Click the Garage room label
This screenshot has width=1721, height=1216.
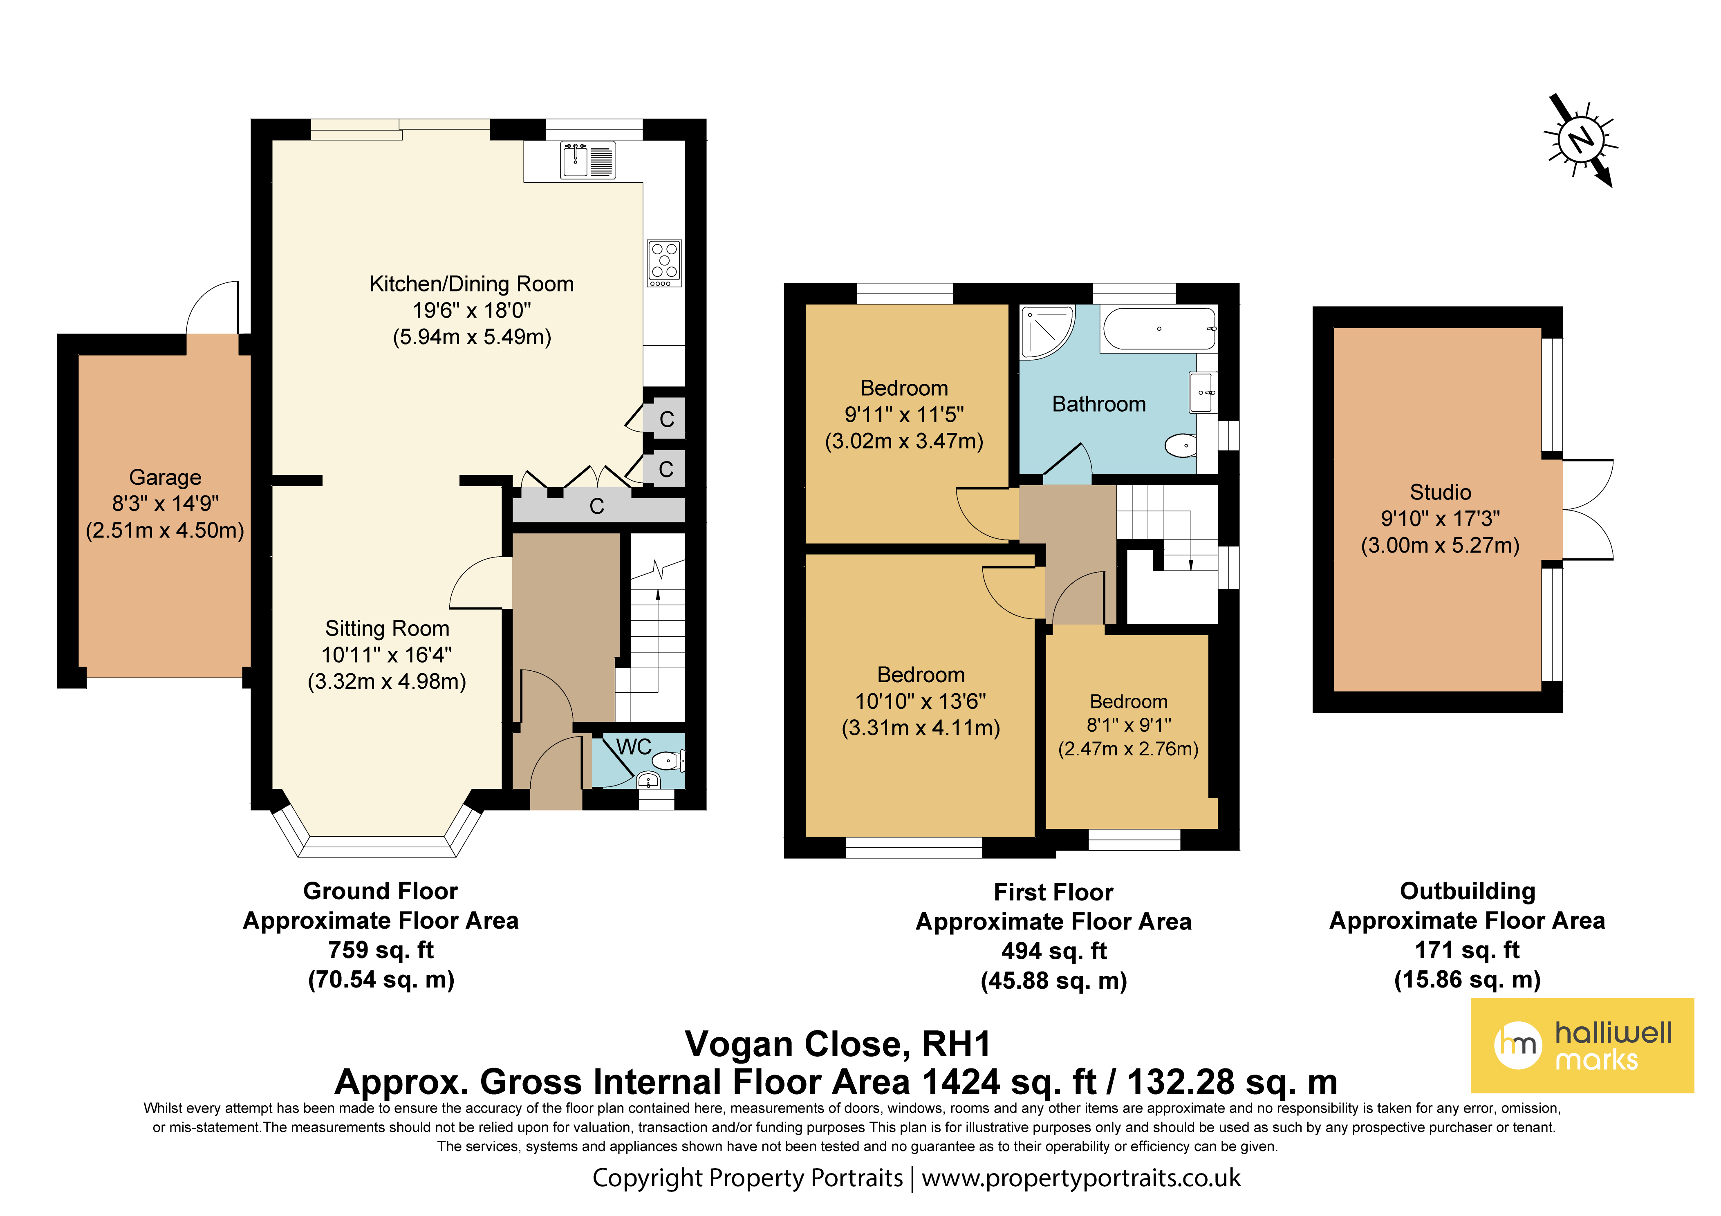pyautogui.click(x=165, y=477)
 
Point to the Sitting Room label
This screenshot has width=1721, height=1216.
pyautogui.click(x=387, y=628)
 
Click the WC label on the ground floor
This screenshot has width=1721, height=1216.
pyautogui.click(x=633, y=747)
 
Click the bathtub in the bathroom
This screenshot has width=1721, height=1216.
pyautogui.click(x=1159, y=328)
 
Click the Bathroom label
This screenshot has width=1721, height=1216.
pyautogui.click(x=1099, y=404)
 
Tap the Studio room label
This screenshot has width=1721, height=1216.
pyautogui.click(x=1440, y=493)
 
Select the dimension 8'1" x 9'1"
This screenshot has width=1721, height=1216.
pyautogui.click(x=1129, y=725)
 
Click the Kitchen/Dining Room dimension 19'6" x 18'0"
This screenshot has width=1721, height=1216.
pyautogui.click(x=471, y=310)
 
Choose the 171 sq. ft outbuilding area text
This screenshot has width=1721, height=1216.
pyautogui.click(x=1467, y=950)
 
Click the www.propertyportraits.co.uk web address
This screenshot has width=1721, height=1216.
pyautogui.click(x=1081, y=1178)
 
